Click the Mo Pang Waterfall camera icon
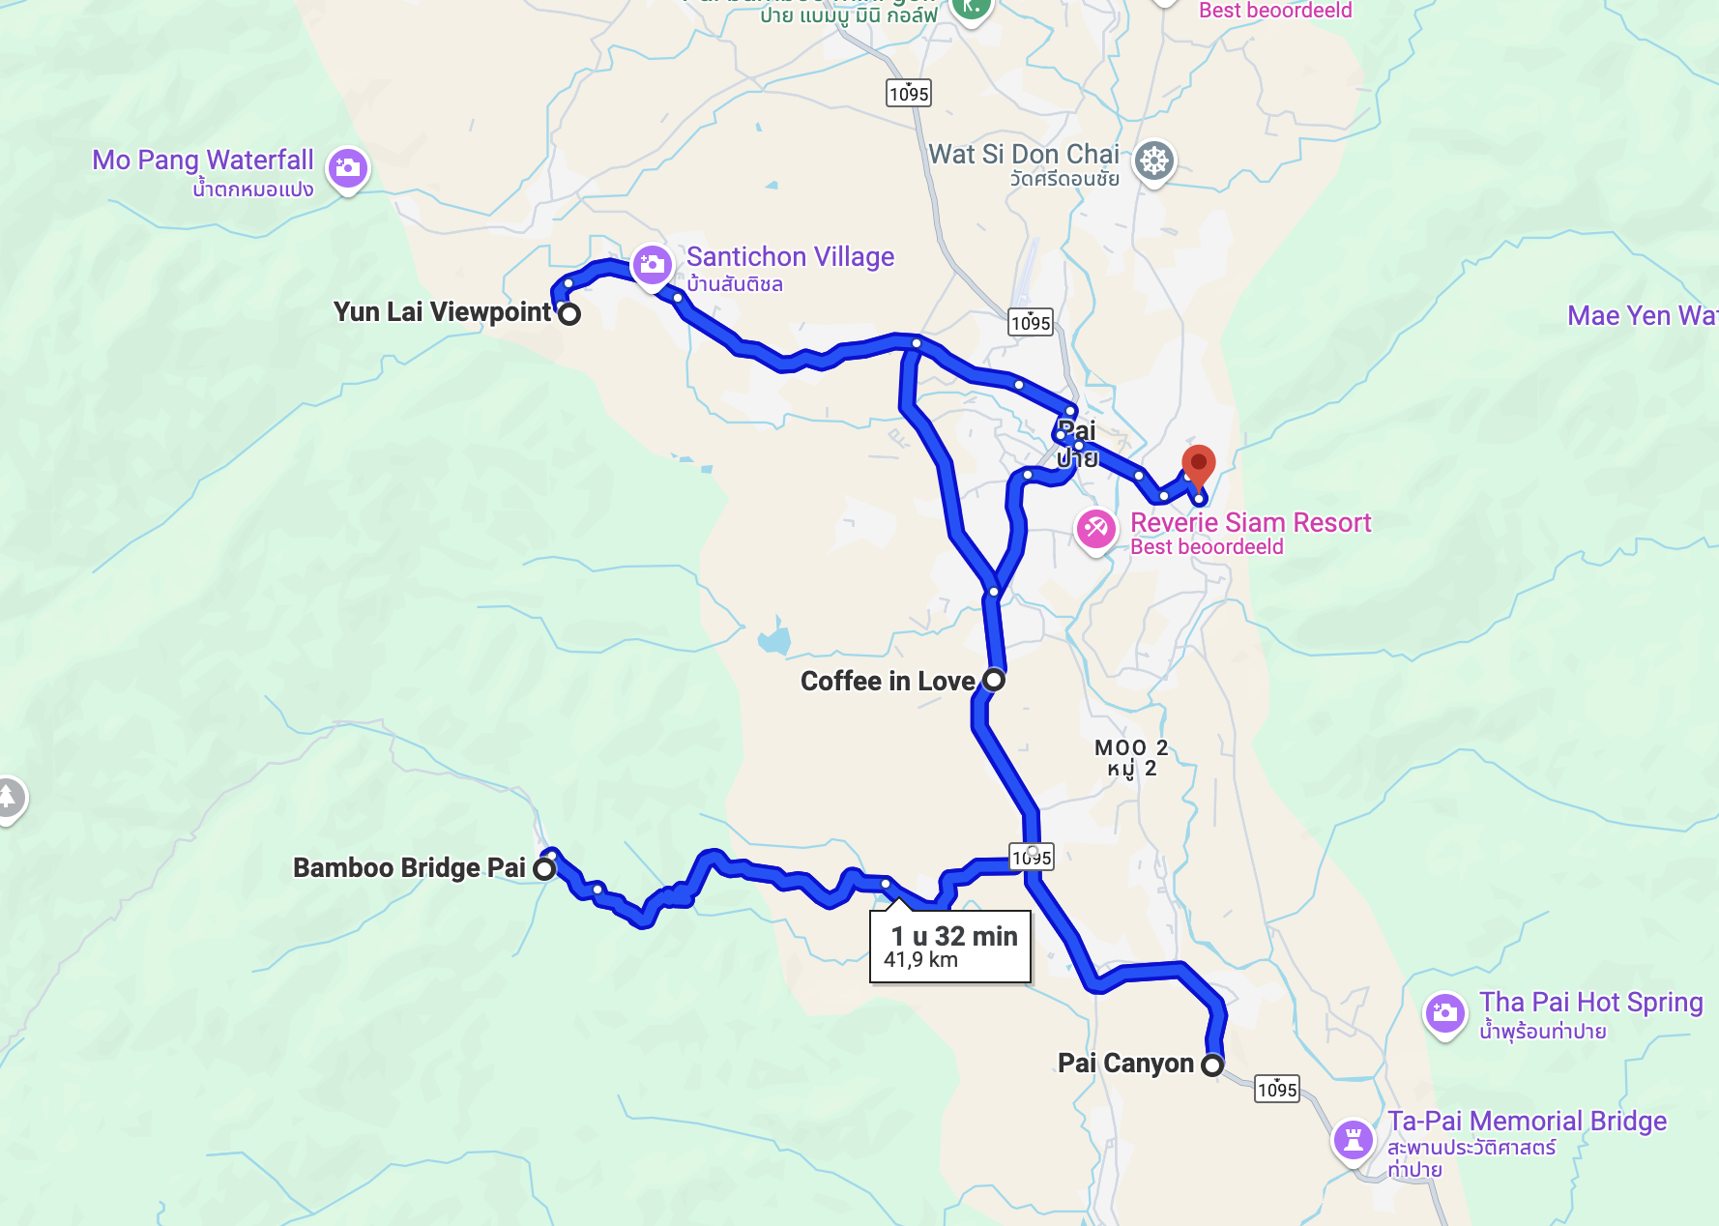tap(348, 168)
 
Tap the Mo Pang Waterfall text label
tap(203, 161)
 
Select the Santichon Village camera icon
tap(652, 264)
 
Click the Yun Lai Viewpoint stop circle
tap(570, 314)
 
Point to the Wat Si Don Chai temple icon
tap(1154, 161)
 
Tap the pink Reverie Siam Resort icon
tap(1096, 528)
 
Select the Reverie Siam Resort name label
tap(1250, 523)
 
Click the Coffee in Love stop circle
tap(994, 680)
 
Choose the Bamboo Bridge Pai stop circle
tap(545, 868)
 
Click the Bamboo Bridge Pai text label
tap(409, 868)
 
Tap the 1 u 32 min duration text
tap(954, 936)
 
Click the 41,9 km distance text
tap(920, 960)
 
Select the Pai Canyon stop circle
tap(1212, 1065)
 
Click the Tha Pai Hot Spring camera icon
tap(1445, 1012)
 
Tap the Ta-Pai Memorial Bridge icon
tap(1354, 1139)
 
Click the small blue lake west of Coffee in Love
tap(774, 639)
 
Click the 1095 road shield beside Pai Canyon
tap(1276, 1090)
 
